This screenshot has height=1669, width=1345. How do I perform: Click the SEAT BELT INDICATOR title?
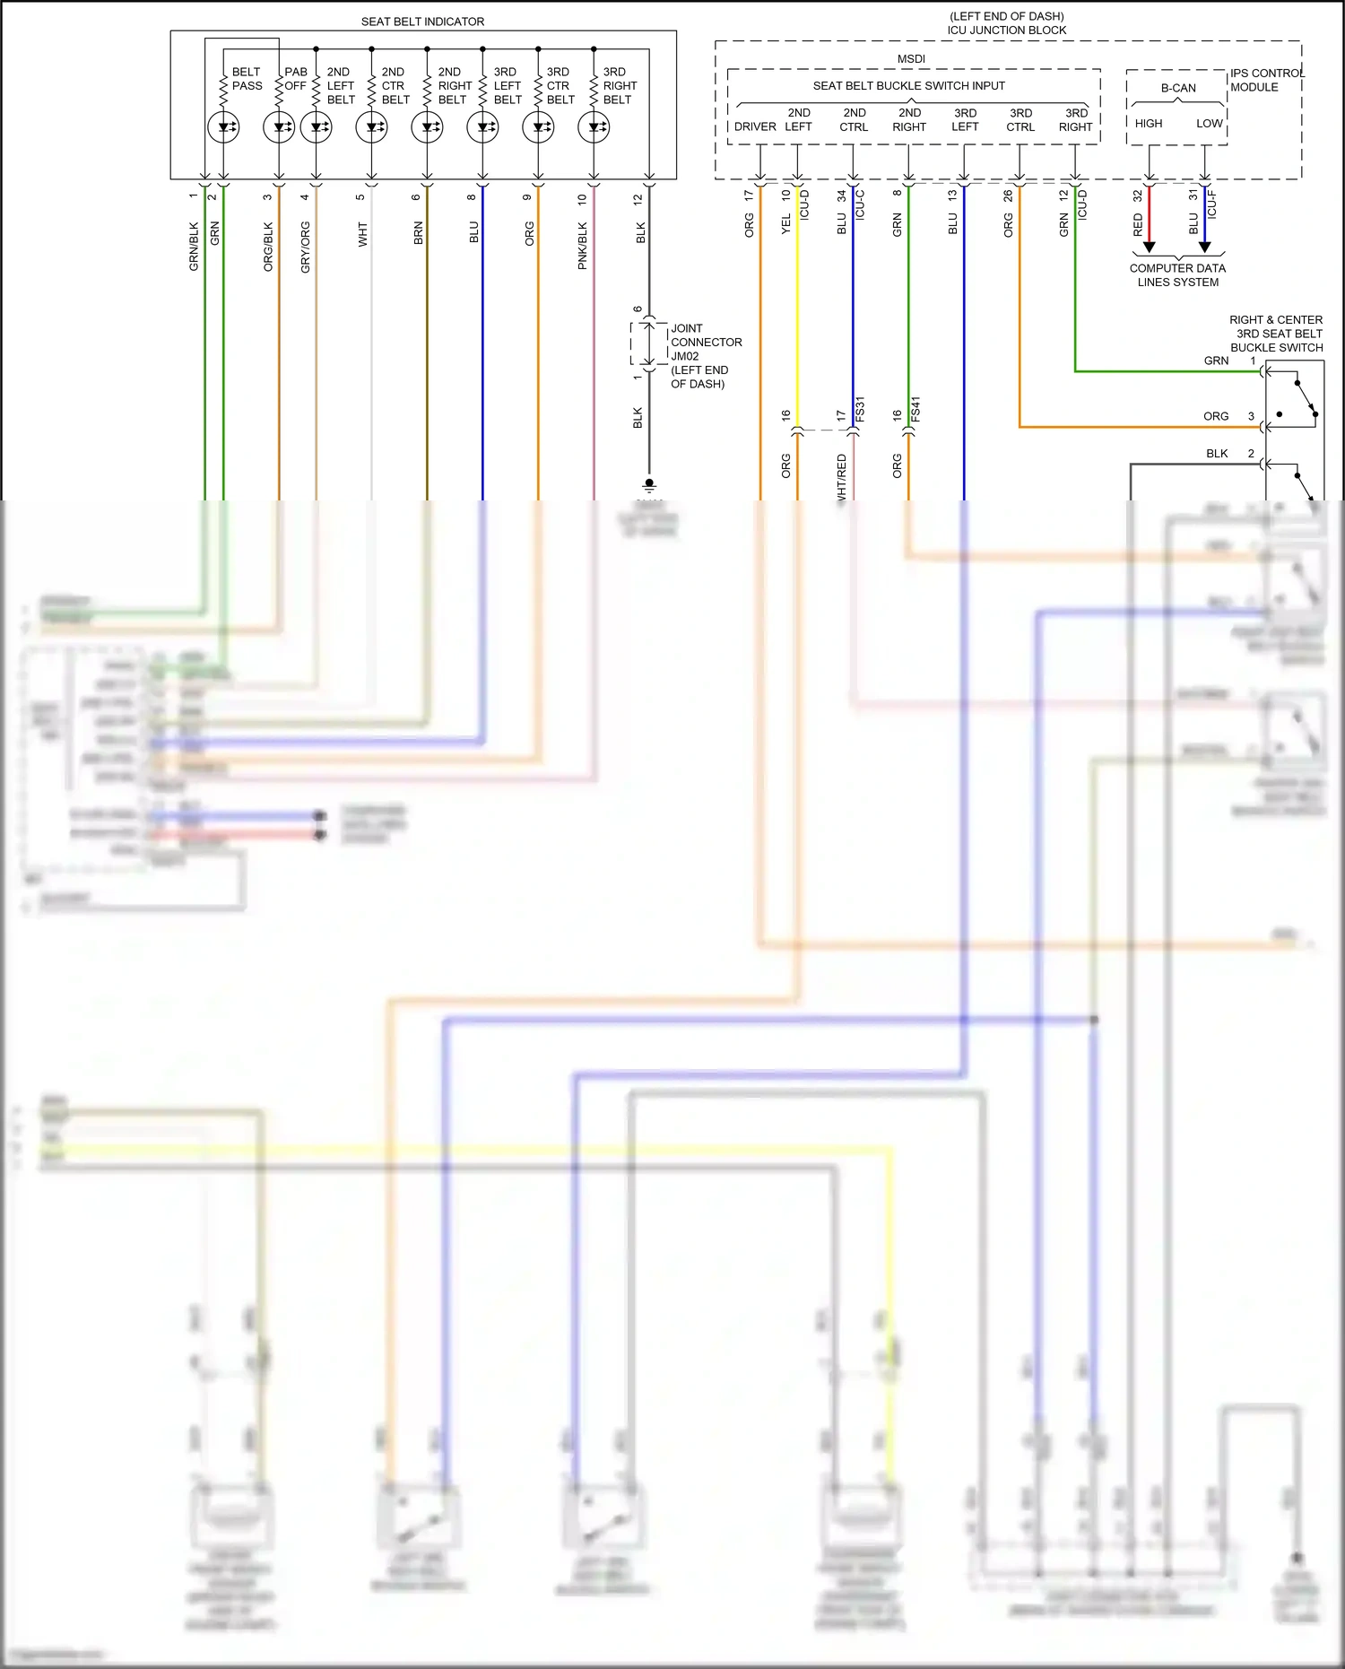coord(422,22)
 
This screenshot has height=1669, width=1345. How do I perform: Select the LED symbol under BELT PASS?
coord(223,127)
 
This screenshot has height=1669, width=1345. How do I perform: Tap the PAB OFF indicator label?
coord(296,79)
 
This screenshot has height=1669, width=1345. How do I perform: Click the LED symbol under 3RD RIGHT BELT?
coord(594,127)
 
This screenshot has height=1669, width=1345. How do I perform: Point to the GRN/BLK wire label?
coord(194,247)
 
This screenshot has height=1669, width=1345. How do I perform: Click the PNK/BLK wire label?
coord(583,246)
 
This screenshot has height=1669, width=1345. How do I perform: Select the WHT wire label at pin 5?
coord(362,234)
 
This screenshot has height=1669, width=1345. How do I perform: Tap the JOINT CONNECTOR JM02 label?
coord(706,343)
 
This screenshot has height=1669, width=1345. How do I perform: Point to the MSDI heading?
coord(911,59)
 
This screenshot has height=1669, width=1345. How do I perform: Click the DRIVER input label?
coord(755,126)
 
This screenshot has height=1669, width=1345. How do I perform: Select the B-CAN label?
coord(1178,88)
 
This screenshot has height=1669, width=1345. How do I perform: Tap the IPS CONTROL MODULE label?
coord(1266,80)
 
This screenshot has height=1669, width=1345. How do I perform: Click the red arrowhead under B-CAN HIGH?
coord(1150,247)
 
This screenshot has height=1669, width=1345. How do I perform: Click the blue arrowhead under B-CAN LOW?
coord(1205,247)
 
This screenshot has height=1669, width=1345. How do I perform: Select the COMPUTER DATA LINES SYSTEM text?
coord(1177,274)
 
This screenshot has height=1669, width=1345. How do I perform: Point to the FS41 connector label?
coord(915,409)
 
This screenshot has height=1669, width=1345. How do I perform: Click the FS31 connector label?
coord(860,409)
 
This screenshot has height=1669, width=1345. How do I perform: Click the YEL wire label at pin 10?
coord(786,223)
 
